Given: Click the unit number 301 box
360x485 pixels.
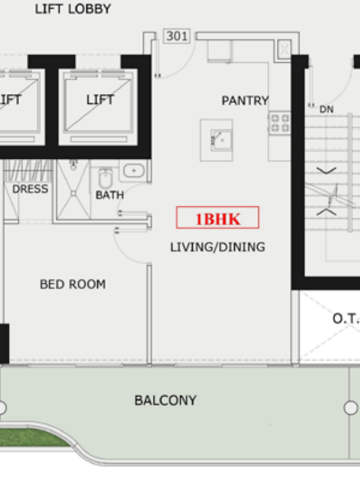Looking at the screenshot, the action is click(177, 36).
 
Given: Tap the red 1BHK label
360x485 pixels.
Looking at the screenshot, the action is click(217, 218).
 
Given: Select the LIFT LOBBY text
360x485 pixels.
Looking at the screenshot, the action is click(73, 9).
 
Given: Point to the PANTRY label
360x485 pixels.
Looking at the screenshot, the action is click(245, 101).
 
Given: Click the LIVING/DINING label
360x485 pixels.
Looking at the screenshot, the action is click(217, 247).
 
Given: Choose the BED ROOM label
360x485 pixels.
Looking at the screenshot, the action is click(72, 284).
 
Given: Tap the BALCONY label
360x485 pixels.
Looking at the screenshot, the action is click(165, 400).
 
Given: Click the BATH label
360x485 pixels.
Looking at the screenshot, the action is click(110, 195).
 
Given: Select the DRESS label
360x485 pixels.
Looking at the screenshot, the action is click(30, 188).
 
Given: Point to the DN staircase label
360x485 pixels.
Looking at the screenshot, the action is click(327, 109).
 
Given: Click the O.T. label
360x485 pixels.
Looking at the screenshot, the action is click(346, 318).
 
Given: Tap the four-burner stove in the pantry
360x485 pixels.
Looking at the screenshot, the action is click(279, 123).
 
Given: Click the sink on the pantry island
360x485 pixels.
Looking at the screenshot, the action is click(222, 140).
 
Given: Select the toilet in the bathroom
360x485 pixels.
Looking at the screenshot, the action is click(105, 177).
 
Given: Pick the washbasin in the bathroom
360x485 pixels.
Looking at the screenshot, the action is click(134, 170).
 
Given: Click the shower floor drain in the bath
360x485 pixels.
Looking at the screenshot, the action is click(74, 193).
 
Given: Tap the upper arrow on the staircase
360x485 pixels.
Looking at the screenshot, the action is click(326, 170).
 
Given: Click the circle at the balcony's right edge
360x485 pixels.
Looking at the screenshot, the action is click(351, 407).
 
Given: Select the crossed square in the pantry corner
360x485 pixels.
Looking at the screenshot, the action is click(284, 49).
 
